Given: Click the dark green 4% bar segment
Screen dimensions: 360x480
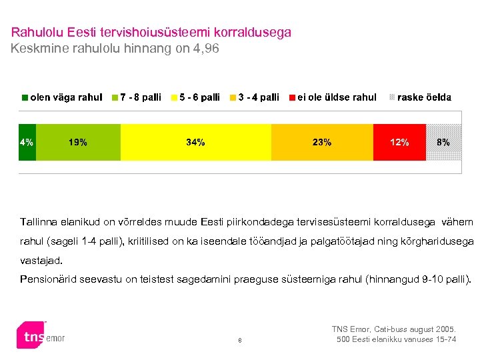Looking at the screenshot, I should pyautogui.click(x=27, y=142).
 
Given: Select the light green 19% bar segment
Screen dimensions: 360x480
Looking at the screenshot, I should pyautogui.click(x=78, y=142).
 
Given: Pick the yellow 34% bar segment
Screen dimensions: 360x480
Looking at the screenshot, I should pyautogui.click(x=195, y=142).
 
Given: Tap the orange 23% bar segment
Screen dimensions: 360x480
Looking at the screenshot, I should pyautogui.click(x=322, y=142).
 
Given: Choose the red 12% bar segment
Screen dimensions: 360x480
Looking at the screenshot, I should pyautogui.click(x=399, y=142).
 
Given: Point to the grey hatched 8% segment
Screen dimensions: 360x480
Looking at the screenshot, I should pyautogui.click(x=443, y=142).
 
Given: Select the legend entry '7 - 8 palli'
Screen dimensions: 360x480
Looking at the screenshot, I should pyautogui.click(x=140, y=97).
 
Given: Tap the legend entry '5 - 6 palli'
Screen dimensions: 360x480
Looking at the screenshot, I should pyautogui.click(x=199, y=97).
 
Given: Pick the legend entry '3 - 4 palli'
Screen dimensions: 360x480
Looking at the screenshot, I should pyautogui.click(x=258, y=97).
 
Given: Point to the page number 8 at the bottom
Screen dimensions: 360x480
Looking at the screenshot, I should pyautogui.click(x=240, y=343).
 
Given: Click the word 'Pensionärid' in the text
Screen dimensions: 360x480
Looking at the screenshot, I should pyautogui.click(x=47, y=278).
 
